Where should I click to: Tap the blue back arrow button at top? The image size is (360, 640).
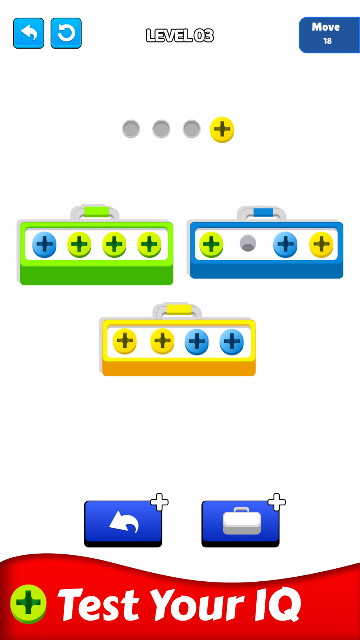coord(28,33)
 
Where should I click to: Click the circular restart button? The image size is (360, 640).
coord(66,33)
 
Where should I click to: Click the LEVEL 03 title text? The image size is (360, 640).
coord(180,35)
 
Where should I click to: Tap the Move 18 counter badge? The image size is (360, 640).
coord(329,35)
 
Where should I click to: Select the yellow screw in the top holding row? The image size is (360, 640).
coord(222,129)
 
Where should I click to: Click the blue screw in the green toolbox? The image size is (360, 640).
coord(44,244)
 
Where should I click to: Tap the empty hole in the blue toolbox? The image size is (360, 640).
coord(248,244)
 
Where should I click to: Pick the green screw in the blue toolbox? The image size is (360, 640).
coord(211,244)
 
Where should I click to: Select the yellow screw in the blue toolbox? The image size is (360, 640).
coord(321,244)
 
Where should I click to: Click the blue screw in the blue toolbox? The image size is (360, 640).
coord(285,244)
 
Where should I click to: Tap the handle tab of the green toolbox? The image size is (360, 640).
coord(96,212)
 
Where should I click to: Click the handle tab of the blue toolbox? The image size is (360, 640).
coord(263,212)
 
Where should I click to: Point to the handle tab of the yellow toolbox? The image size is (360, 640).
coord(179,310)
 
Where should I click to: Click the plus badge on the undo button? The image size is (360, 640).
coord(159,502)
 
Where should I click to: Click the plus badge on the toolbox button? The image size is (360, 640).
coord(276,502)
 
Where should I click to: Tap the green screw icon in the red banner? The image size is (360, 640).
coord(28,604)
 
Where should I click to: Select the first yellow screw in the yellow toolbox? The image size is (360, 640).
coord(125,341)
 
